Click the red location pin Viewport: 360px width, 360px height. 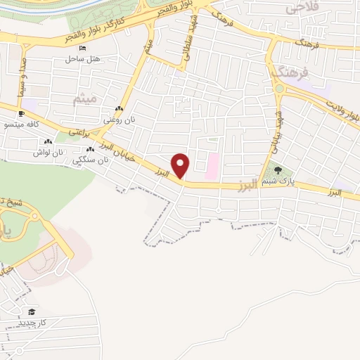coord(181,165)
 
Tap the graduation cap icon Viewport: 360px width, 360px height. coord(31,311)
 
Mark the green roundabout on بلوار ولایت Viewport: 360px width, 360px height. coord(279,89)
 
